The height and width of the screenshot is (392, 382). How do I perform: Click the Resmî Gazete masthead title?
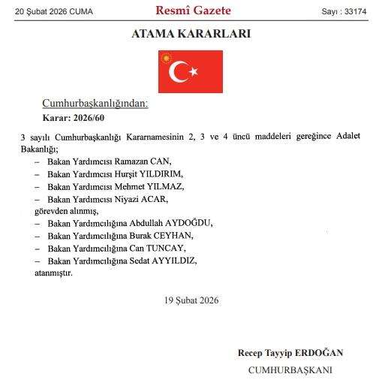(193, 11)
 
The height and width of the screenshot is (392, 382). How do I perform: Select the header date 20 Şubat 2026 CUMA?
(48, 11)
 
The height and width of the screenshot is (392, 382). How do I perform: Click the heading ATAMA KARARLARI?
(191, 35)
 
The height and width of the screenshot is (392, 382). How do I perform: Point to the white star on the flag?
(194, 71)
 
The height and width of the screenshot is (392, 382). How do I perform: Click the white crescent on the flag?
(179, 71)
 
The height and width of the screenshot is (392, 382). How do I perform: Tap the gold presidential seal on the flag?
(167, 58)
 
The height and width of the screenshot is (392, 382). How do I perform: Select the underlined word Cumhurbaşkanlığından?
(95, 104)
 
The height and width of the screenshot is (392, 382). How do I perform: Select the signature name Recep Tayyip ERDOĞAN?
(291, 352)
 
